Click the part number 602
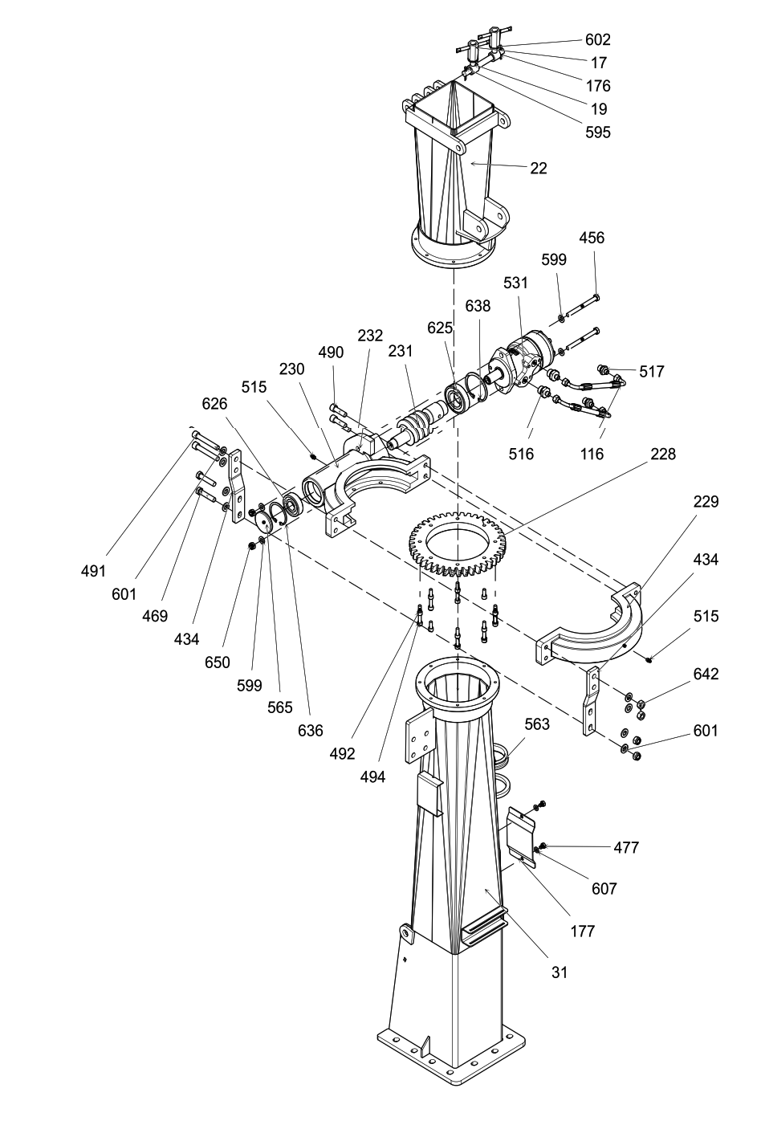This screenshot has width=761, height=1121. tap(598, 39)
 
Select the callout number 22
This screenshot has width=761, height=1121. tap(539, 168)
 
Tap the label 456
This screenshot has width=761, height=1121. tap(592, 237)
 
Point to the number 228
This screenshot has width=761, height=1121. tap(663, 454)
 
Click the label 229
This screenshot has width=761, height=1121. tap(706, 501)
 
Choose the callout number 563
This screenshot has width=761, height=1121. tap(537, 724)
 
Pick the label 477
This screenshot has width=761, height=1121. tap(626, 847)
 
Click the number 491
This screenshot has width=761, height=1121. tap(94, 570)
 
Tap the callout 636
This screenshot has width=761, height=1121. tap(310, 731)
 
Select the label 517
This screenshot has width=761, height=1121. tap(652, 371)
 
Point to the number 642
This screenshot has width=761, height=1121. tap(706, 674)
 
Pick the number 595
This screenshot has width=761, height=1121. tap(598, 132)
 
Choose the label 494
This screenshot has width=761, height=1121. tap(372, 777)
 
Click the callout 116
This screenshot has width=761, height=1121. tap(592, 454)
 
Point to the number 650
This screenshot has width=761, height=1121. tap(218, 662)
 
